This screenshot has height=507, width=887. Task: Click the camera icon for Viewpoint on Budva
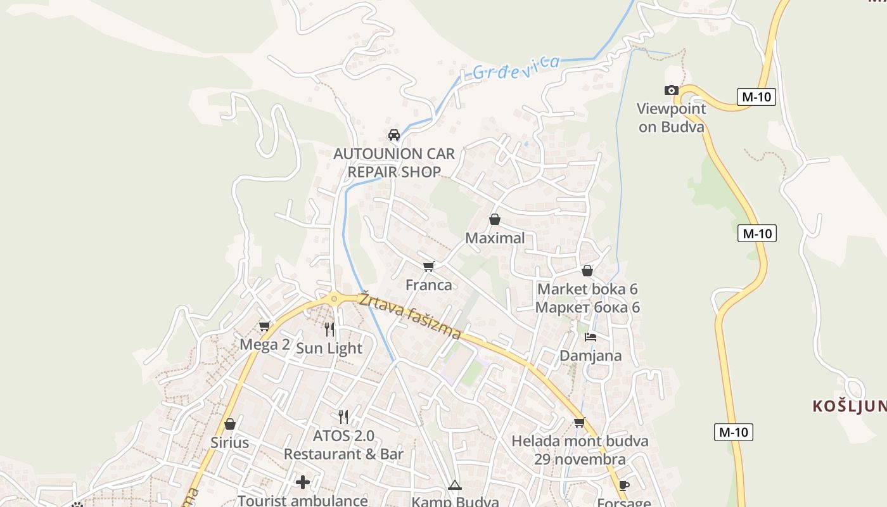671,91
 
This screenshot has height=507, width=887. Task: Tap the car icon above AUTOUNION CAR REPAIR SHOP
394,135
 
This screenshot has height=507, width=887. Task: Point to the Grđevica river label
516,68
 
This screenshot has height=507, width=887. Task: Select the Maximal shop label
495,238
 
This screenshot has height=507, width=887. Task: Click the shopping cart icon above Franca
429,266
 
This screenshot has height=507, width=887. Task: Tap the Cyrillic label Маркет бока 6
587,307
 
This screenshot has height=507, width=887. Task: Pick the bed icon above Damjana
590,337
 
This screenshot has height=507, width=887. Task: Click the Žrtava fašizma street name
410,316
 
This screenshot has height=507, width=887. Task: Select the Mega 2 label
265,345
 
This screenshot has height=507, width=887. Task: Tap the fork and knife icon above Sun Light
329,329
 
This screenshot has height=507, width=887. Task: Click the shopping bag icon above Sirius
230,423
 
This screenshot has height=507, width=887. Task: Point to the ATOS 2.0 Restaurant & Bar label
343,445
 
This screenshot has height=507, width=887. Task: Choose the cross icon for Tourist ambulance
303,482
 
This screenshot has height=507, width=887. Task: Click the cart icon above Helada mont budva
579,422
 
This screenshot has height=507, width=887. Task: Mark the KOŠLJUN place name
849,406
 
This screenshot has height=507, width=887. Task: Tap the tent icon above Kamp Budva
454,486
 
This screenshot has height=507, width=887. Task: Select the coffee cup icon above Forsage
623,486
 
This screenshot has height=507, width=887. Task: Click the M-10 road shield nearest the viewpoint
756,97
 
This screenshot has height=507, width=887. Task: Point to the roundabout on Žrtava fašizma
334,298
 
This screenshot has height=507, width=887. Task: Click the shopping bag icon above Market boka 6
587,271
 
